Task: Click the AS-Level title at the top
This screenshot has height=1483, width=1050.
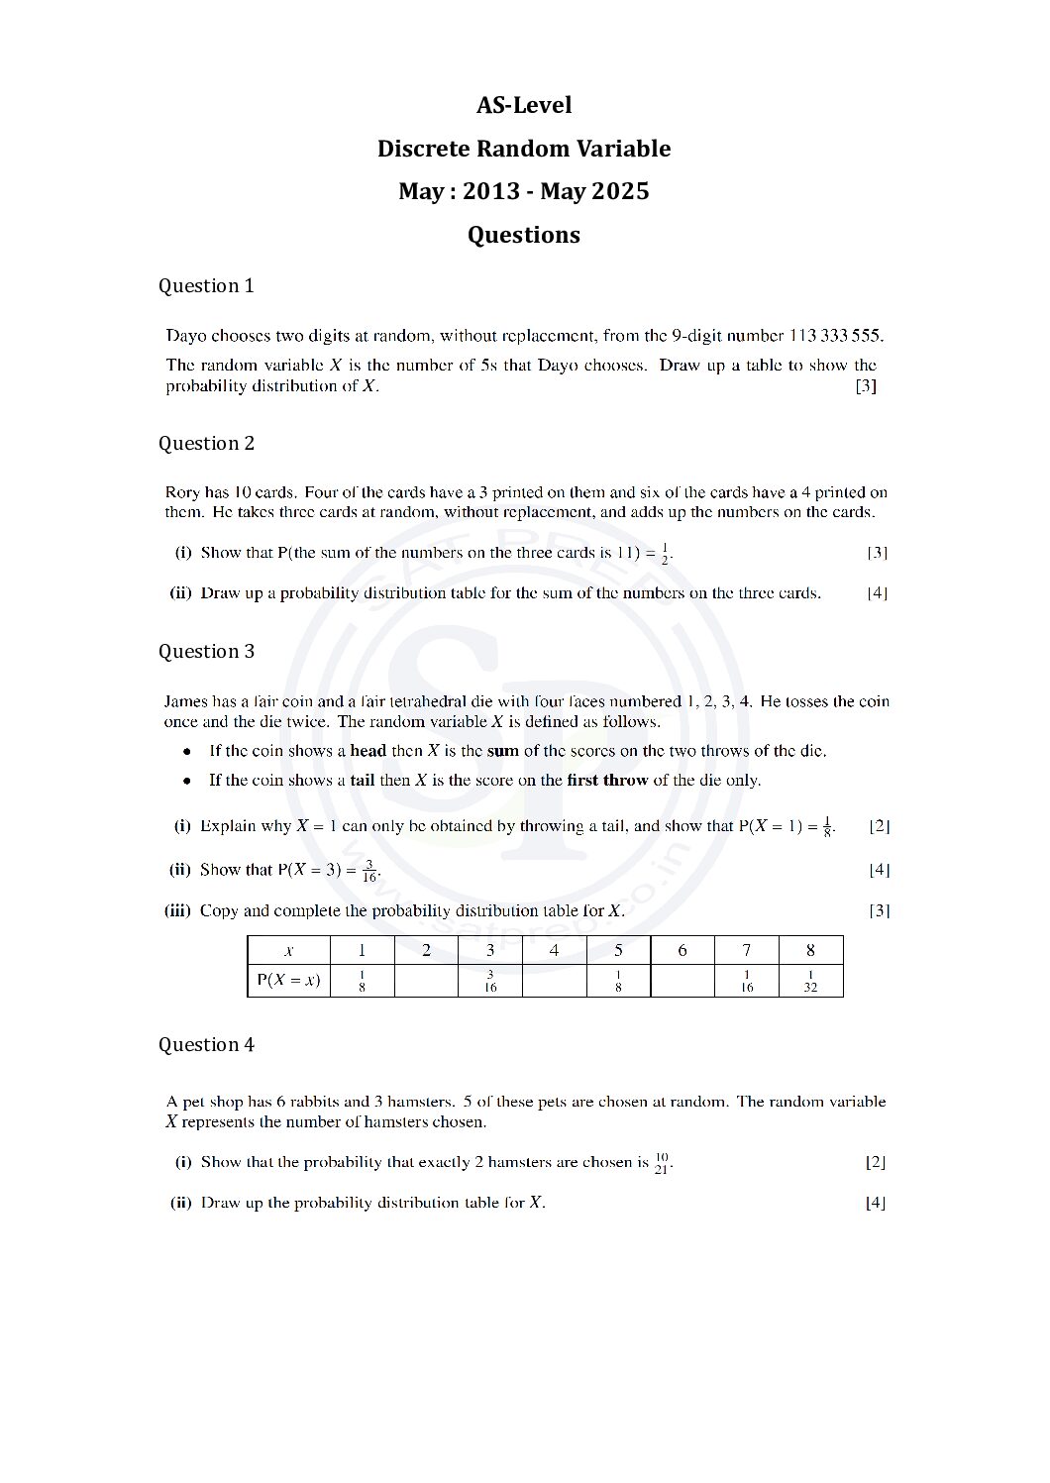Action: pyautogui.click(x=524, y=105)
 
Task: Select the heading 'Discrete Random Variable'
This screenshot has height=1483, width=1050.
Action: pyautogui.click(x=524, y=149)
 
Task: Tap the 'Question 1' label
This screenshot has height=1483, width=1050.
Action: pyautogui.click(x=206, y=286)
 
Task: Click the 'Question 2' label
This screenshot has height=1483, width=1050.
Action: pyautogui.click(x=206, y=444)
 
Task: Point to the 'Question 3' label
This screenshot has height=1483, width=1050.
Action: pyautogui.click(x=206, y=652)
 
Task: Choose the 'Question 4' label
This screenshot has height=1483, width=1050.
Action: pyautogui.click(x=206, y=1045)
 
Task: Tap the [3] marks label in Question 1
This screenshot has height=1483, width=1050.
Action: pyautogui.click(x=866, y=386)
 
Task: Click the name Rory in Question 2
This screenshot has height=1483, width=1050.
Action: pyautogui.click(x=182, y=492)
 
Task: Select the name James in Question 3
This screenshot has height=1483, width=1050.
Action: pyautogui.click(x=186, y=701)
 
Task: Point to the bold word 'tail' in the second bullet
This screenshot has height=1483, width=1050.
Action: pyautogui.click(x=363, y=781)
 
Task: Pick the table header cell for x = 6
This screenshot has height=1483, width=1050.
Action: pyautogui.click(x=682, y=951)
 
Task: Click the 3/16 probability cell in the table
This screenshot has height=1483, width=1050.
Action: pyautogui.click(x=490, y=981)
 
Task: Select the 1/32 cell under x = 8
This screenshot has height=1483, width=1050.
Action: pyautogui.click(x=810, y=981)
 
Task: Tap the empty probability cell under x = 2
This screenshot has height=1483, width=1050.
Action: pyautogui.click(x=426, y=981)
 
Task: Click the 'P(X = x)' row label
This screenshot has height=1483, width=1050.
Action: pyautogui.click(x=288, y=981)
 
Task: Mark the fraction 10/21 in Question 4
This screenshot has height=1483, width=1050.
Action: pyautogui.click(x=662, y=1162)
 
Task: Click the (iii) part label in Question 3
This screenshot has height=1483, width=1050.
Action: pyautogui.click(x=177, y=911)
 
